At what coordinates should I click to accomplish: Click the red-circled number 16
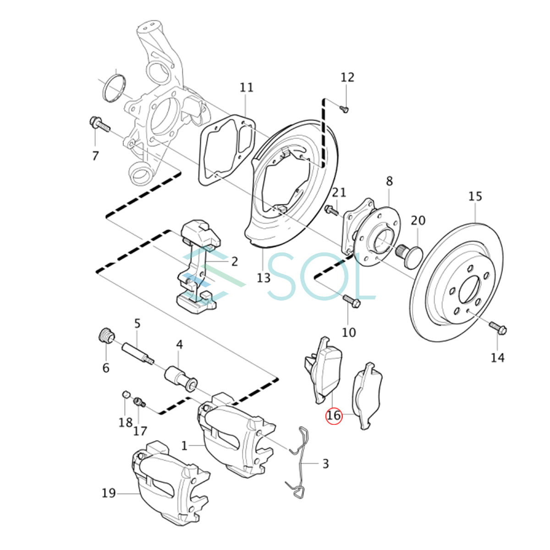[334, 416]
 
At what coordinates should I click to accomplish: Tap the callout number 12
[347, 77]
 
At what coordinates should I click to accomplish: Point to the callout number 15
[475, 197]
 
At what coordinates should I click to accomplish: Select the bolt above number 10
[351, 301]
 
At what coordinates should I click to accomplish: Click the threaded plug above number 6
[106, 336]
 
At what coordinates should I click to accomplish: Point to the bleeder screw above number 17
[139, 402]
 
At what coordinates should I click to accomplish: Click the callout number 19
[109, 494]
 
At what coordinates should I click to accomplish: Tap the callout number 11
[247, 88]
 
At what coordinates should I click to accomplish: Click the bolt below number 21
[331, 211]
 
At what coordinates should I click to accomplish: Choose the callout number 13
[264, 278]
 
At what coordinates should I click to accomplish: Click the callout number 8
[389, 181]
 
